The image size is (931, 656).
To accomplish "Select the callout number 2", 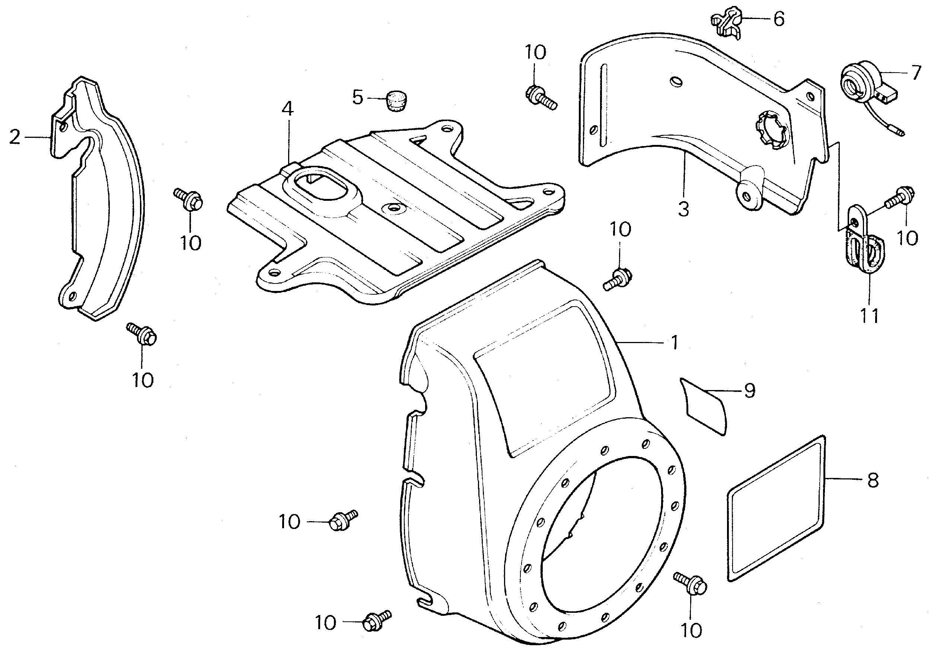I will pos(15,137).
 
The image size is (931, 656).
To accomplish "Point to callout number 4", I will pos(287,109).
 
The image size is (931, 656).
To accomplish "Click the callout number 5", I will pos(357,98).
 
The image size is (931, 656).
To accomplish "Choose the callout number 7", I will pos(916,73).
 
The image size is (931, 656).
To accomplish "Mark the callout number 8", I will pos(873,480).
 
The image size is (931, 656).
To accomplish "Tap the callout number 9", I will pos(750,391).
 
